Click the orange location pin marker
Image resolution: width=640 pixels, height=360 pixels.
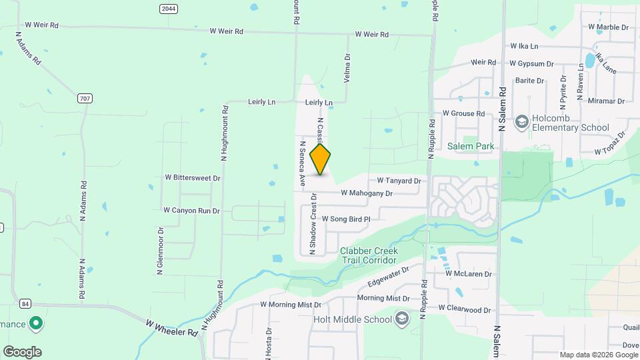pyautogui.click(x=321, y=159)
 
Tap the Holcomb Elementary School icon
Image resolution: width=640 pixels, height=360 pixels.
pyautogui.click(x=521, y=122)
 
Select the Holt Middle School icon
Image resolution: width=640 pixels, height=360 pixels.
pyautogui.click(x=401, y=319)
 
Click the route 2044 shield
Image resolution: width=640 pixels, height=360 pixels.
pyautogui.click(x=168, y=9)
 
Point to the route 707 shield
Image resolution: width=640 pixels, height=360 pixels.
pyautogui.click(x=85, y=99)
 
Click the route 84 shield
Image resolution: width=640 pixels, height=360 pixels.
pyautogui.click(x=25, y=303)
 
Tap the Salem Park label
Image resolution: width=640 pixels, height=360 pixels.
pyautogui.click(x=469, y=146)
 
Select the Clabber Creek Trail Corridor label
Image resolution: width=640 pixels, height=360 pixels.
pyautogui.click(x=369, y=255)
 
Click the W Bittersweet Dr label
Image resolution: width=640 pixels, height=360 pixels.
pyautogui.click(x=192, y=178)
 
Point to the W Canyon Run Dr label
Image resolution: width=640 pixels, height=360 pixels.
pyautogui.click(x=191, y=210)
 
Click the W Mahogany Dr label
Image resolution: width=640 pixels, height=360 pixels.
pyautogui.click(x=366, y=193)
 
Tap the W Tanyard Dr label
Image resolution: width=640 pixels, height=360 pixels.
pyautogui.click(x=399, y=181)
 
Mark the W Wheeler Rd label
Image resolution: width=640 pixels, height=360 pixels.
pyautogui.click(x=172, y=327)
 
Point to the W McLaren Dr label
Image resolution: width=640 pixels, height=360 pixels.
pyautogui.click(x=468, y=274)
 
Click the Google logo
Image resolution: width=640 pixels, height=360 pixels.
pyautogui.click(x=22, y=352)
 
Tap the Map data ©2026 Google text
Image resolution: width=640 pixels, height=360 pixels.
pyautogui.click(x=598, y=355)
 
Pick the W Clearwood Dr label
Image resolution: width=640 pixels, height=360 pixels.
pyautogui.click(x=464, y=309)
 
